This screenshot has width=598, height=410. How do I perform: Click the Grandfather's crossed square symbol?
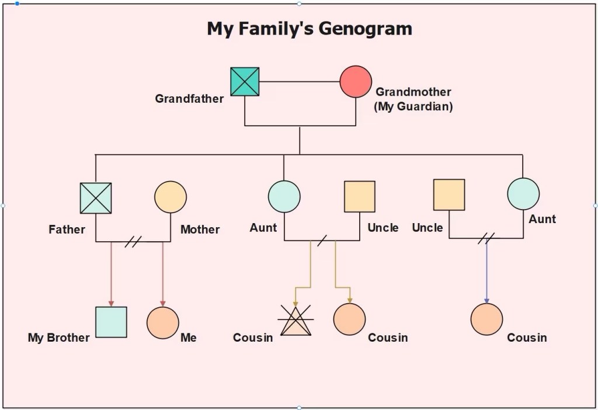coord(245,82)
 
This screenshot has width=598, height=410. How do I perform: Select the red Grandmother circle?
coord(356,82)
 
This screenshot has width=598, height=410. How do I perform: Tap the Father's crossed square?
coord(96,198)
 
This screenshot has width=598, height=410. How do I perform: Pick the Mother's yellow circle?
coord(171,197)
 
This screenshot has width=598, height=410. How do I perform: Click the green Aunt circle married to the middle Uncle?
coord(284,196)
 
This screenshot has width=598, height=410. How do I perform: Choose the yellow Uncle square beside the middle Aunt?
coord(359,196)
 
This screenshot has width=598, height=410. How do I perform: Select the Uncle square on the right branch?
coord(449,194)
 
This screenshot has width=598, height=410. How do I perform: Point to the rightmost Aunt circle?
coord(523,194)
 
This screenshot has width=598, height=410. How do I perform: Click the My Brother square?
coord(111,322)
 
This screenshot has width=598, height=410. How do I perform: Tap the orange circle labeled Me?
coord(162,322)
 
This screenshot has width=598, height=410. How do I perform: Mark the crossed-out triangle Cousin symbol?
coord(295,322)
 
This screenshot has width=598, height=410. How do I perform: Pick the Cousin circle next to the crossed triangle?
coord(349,319)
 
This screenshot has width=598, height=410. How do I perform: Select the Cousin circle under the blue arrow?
coord(486,319)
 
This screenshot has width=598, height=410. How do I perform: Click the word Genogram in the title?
coord(365,29)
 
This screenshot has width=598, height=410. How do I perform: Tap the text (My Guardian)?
coord(413,107)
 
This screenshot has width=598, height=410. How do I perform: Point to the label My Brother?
coord(59,338)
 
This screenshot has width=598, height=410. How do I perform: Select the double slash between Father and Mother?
coord(133,241)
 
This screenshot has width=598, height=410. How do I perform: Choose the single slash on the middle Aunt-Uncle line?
coord(321,240)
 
